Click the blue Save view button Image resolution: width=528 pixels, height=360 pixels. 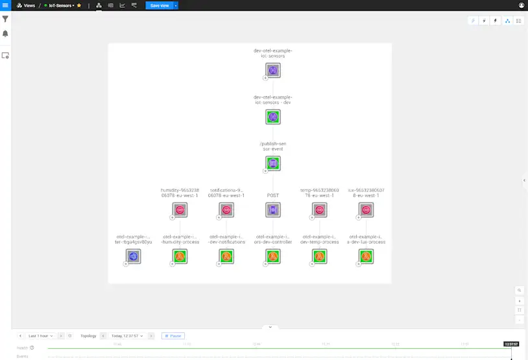159,5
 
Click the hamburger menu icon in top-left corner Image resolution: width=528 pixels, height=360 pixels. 5,5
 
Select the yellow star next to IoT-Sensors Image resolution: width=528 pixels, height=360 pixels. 79,5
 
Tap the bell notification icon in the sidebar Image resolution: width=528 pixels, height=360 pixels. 5,33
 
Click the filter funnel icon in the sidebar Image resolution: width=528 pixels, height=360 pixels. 5,19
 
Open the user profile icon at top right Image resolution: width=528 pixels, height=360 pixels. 522,5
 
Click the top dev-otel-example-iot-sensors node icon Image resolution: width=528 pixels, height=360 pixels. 273,70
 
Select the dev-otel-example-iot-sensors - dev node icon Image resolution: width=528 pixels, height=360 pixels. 273,117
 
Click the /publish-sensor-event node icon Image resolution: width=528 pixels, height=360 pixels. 273,163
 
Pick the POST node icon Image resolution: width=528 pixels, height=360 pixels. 273,210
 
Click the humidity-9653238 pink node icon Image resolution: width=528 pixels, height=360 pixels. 180,210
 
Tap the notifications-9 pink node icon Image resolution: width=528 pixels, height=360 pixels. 226,210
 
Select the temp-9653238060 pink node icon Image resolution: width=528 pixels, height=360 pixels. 319,210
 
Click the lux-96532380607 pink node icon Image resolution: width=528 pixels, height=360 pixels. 366,210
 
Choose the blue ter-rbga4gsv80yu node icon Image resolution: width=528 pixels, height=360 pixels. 134,256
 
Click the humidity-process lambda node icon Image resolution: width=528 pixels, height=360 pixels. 180,256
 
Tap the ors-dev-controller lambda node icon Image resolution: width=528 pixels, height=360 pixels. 273,256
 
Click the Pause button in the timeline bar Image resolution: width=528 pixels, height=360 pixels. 173,336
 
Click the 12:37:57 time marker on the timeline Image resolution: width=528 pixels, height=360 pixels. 511,344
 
